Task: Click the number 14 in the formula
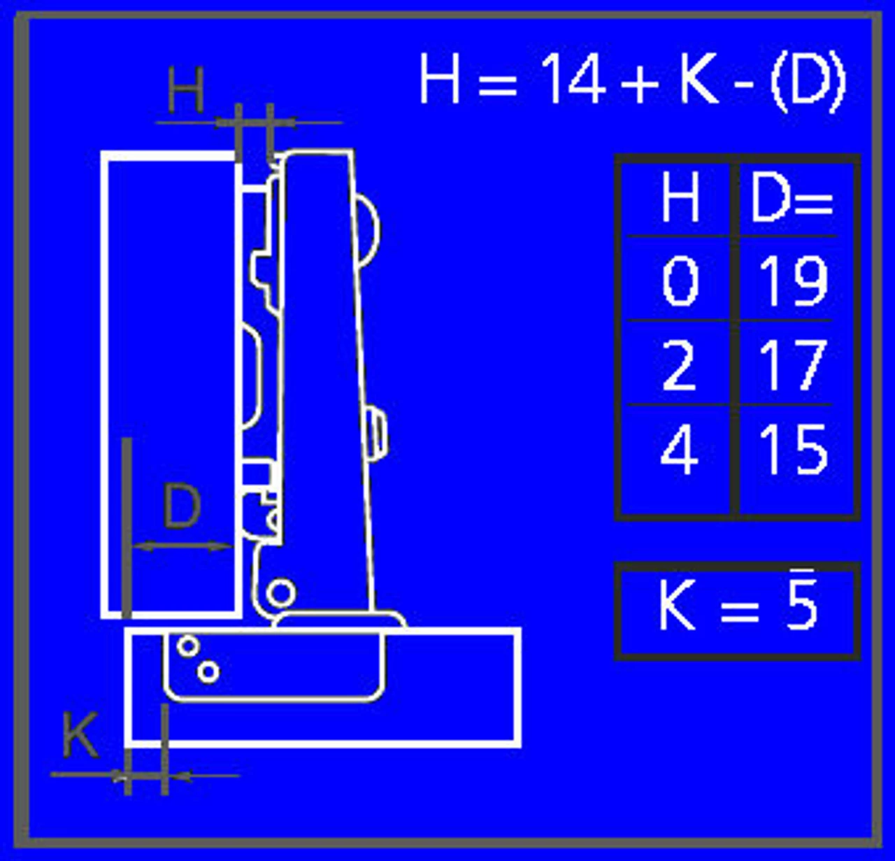click(573, 79)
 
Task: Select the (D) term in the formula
click(807, 80)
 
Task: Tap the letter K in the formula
click(699, 79)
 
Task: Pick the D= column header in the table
click(792, 199)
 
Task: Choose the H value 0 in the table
click(680, 280)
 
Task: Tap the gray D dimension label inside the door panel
click(182, 506)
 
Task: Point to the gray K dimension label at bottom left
click(80, 735)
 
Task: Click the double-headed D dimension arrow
click(182, 547)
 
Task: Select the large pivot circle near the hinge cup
click(281, 593)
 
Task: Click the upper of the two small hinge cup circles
click(187, 646)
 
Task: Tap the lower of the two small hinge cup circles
click(208, 672)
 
